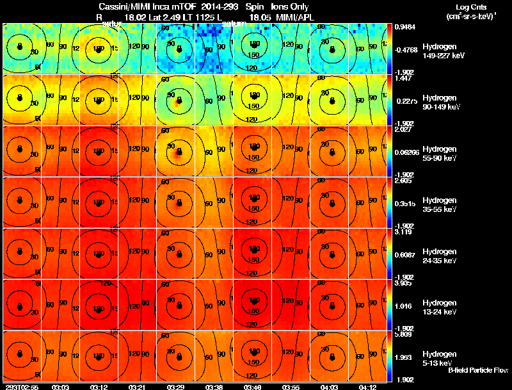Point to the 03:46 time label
click(253, 387)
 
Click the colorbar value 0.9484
click(404, 28)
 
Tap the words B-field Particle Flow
click(478, 370)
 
